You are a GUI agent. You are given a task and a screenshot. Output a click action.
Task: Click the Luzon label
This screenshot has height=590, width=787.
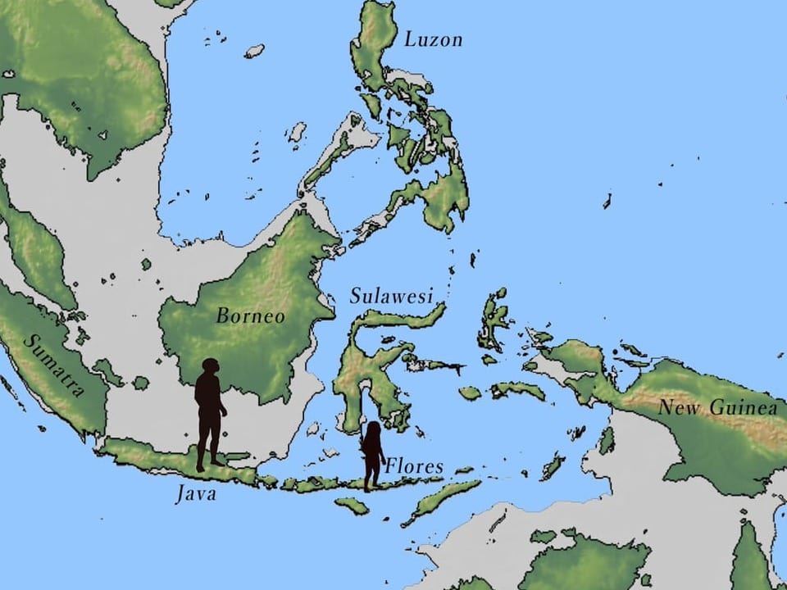click(x=433, y=39)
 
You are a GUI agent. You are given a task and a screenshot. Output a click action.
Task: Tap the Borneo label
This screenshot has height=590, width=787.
click(x=250, y=316)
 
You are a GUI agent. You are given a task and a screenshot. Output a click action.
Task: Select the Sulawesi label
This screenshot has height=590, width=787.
click(x=391, y=297)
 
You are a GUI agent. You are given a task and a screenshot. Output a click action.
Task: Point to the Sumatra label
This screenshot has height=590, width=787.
click(x=54, y=365)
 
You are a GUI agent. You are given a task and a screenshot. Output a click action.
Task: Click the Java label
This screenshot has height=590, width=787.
click(x=196, y=494)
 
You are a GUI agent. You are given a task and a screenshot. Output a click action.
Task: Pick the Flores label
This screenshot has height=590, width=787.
click(x=414, y=467)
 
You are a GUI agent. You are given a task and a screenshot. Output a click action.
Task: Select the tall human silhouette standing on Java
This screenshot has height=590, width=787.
click(x=209, y=414)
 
